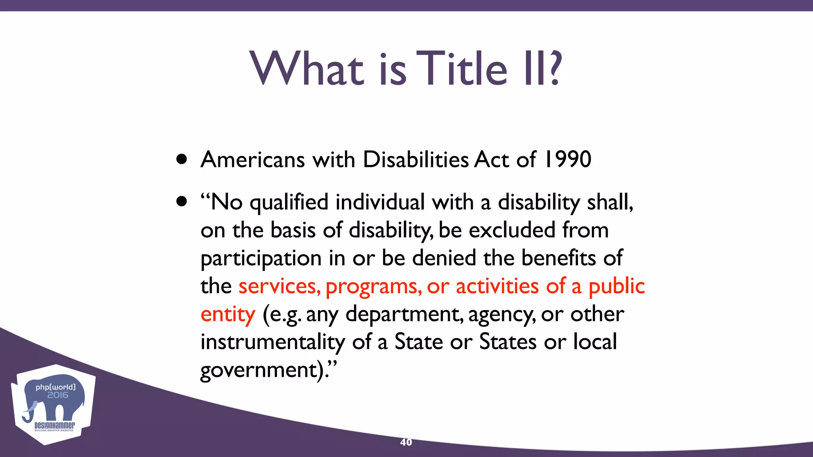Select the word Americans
pyautogui.click(x=253, y=159)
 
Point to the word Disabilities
pyautogui.click(x=416, y=159)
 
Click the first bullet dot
pyautogui.click(x=182, y=159)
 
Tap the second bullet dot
pyautogui.click(x=182, y=202)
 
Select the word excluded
pyautogui.click(x=512, y=230)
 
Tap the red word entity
pyautogui.click(x=228, y=315)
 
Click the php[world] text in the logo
pyautogui.click(x=55, y=387)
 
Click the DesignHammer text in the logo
pyautogui.click(x=54, y=426)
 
